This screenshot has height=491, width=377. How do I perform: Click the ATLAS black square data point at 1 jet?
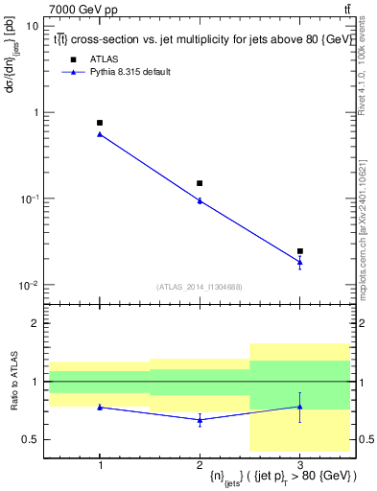coord(100,123)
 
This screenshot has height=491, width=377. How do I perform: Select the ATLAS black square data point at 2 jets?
coord(200,183)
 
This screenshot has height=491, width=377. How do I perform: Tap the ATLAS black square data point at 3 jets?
coord(300,251)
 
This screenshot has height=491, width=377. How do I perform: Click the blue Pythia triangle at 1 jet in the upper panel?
coord(100,134)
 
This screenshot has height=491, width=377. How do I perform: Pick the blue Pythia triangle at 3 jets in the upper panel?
coord(300,262)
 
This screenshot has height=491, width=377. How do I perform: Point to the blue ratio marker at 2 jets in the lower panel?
coord(200,419)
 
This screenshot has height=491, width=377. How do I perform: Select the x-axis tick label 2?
coord(200,463)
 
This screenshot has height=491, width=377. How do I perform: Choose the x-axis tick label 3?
coord(300,463)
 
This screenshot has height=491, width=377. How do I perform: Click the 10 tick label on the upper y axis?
coord(33,26)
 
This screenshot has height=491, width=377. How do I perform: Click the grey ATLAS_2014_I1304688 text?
coord(200,287)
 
